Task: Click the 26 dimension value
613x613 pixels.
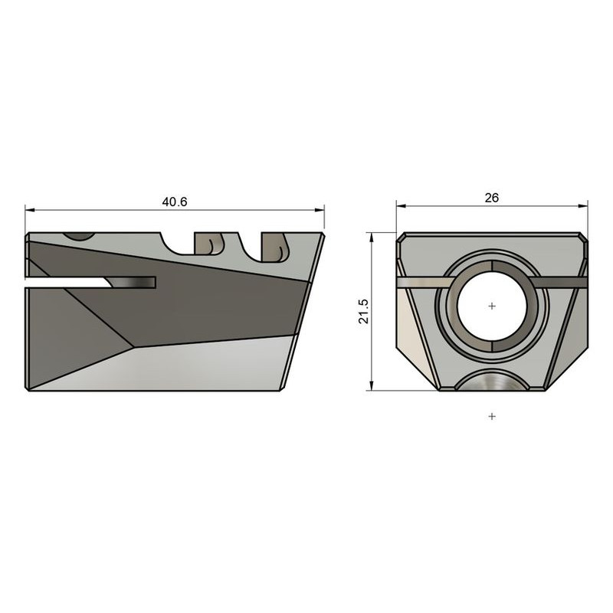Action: coord(492,198)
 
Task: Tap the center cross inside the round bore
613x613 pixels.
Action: coord(492,306)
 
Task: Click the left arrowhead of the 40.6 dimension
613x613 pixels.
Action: coord(29,209)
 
